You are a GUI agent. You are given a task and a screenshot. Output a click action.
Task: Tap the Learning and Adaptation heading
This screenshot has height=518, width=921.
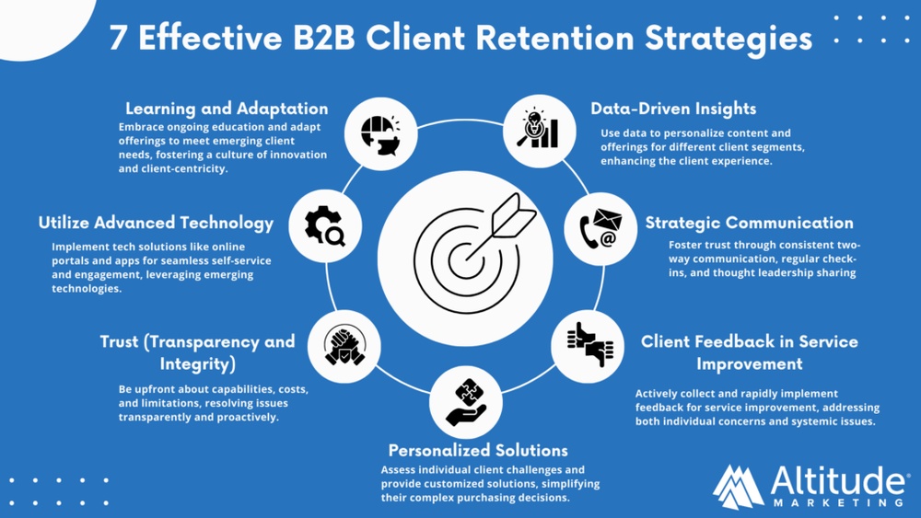227,109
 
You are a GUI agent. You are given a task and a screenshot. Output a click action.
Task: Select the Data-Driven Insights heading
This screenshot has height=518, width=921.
673,109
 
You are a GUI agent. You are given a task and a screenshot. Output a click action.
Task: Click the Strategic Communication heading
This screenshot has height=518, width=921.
749,223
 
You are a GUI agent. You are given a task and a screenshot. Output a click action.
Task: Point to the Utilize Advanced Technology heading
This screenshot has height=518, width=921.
156,223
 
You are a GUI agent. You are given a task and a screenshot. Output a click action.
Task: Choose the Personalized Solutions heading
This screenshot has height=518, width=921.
478,451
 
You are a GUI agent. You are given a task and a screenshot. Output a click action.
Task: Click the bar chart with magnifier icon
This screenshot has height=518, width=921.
539,131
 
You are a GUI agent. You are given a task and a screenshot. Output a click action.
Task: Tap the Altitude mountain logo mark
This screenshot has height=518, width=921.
738,486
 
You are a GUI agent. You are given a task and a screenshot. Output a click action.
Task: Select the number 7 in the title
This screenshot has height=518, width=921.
118,40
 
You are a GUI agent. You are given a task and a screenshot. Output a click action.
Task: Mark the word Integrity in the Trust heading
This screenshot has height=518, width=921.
198,363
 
